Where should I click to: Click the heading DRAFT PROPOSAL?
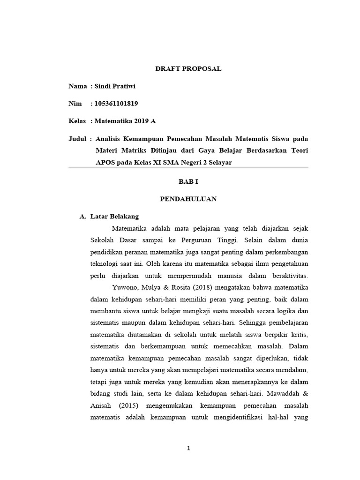(x=188, y=69)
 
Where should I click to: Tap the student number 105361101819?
(x=116, y=104)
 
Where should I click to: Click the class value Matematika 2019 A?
(x=125, y=121)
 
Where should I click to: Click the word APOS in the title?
(x=105, y=162)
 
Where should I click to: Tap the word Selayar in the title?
(x=219, y=162)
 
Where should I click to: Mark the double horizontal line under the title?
(x=188, y=167)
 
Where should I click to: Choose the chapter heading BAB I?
(x=188, y=181)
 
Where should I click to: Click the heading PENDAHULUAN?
(x=188, y=199)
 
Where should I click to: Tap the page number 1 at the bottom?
(x=188, y=448)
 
